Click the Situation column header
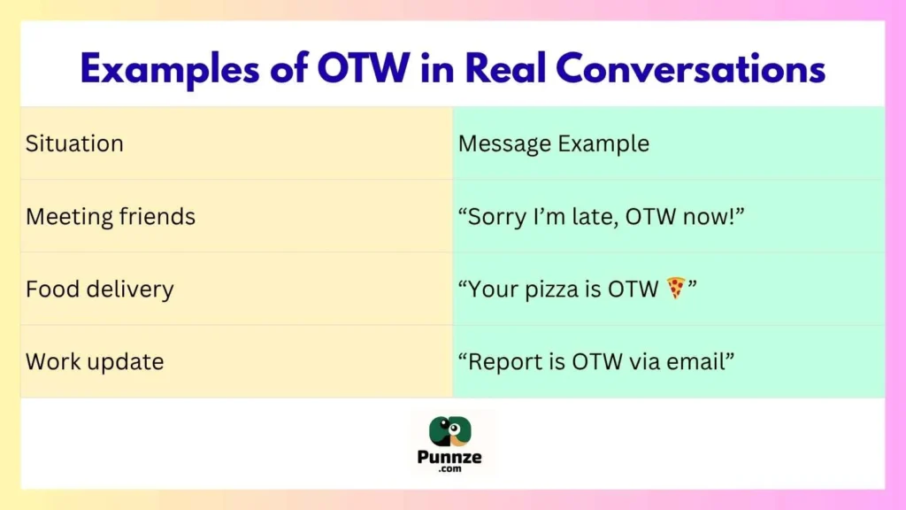coord(74,143)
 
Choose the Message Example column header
coord(553,143)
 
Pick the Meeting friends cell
coord(111,216)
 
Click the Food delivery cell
coord(100,289)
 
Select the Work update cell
coord(95,361)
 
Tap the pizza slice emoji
coord(676,288)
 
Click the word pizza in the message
coord(553,290)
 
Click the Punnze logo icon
coord(452,431)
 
